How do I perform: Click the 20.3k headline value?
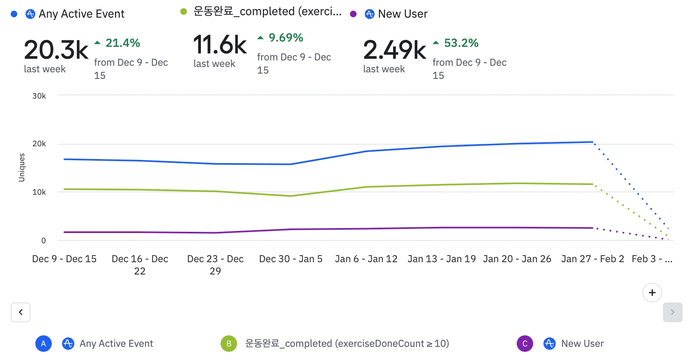tap(56, 50)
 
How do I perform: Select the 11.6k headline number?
tap(220, 45)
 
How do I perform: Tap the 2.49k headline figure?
tap(395, 50)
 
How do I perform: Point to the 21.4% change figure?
tap(122, 43)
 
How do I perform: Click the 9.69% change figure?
tap(285, 37)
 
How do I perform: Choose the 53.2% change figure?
tap(461, 43)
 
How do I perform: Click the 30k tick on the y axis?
tap(39, 96)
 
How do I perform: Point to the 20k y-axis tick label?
tap(39, 143)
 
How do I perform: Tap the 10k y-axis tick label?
tap(39, 192)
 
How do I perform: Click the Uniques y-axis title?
tap(22, 167)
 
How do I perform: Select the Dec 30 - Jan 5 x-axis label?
tap(290, 259)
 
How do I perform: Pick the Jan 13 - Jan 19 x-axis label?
tap(442, 259)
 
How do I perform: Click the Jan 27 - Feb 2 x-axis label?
tap(592, 259)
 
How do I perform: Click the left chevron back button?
tap(21, 312)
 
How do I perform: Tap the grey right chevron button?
tap(672, 312)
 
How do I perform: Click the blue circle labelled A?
tap(44, 344)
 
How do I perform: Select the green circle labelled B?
tap(229, 344)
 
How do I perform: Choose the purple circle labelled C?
tap(525, 344)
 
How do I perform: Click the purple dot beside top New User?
tap(353, 14)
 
